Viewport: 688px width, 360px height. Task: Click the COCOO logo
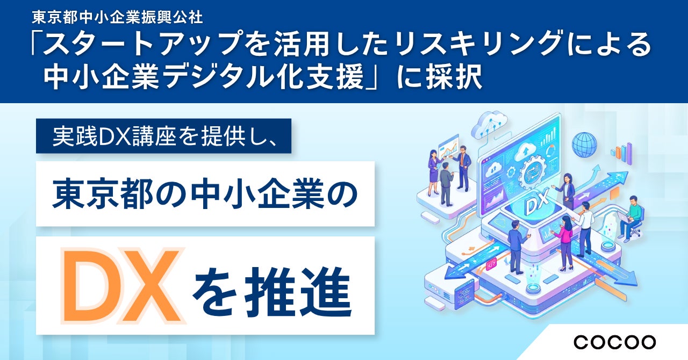coord(614,342)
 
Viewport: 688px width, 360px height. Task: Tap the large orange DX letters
coord(124,286)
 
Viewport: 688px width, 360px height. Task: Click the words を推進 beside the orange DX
coord(272,291)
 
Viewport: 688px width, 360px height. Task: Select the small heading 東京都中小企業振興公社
coord(117,17)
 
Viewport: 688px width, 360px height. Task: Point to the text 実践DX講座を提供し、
coord(164,136)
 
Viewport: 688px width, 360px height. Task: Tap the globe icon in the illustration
coord(584,145)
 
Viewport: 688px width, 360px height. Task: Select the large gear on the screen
coord(532,174)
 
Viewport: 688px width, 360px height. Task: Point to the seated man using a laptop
coord(629,219)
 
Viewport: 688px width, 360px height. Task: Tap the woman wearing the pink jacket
coord(564,243)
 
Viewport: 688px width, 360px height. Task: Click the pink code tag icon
coord(491,264)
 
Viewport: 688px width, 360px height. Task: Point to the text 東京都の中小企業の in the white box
coord(205,194)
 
